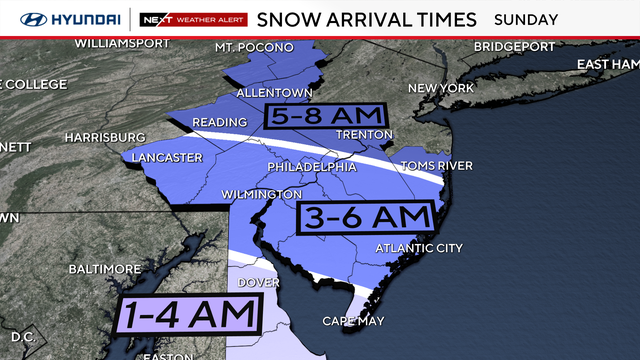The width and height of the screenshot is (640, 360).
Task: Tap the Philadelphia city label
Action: (311, 166)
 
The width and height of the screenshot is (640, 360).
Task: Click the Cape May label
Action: (350, 321)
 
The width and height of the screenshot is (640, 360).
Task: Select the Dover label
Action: (259, 282)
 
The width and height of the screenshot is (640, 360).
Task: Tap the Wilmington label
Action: (262, 193)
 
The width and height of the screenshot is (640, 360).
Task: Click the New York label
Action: (439, 88)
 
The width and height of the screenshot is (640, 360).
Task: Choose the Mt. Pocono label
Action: (254, 48)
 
